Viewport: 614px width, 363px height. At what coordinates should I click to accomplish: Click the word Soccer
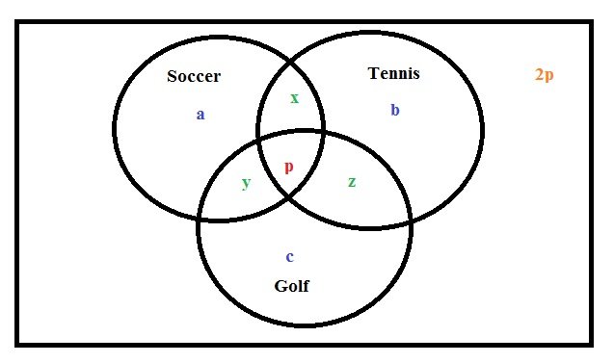click(194, 77)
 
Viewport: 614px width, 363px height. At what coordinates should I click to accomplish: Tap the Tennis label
click(394, 74)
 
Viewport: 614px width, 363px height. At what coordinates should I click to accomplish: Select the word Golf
click(292, 286)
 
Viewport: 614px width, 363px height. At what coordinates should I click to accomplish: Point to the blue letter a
click(200, 115)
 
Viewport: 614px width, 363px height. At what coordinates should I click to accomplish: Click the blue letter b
click(394, 110)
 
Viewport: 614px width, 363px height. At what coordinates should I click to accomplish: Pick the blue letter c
click(289, 256)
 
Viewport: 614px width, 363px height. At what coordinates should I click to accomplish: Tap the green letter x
click(294, 97)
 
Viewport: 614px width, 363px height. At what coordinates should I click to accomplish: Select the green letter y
click(246, 183)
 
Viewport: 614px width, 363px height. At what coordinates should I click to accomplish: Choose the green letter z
click(351, 181)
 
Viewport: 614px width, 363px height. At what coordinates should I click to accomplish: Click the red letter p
click(288, 167)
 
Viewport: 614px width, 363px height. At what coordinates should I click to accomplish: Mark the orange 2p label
click(545, 74)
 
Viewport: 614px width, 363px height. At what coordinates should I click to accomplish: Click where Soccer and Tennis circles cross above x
click(292, 60)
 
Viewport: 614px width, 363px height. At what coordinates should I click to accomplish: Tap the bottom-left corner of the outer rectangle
click(17, 343)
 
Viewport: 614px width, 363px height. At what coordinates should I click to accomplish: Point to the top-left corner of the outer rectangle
click(17, 23)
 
